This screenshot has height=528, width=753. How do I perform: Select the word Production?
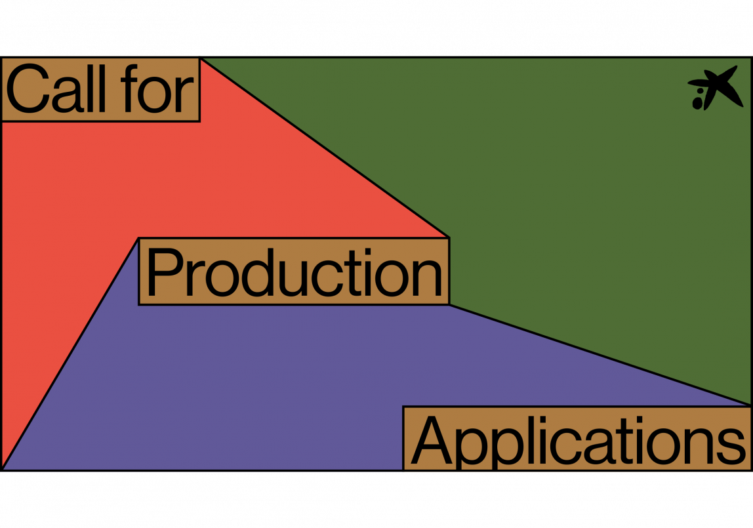293,272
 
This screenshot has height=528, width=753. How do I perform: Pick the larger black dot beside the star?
698,102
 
